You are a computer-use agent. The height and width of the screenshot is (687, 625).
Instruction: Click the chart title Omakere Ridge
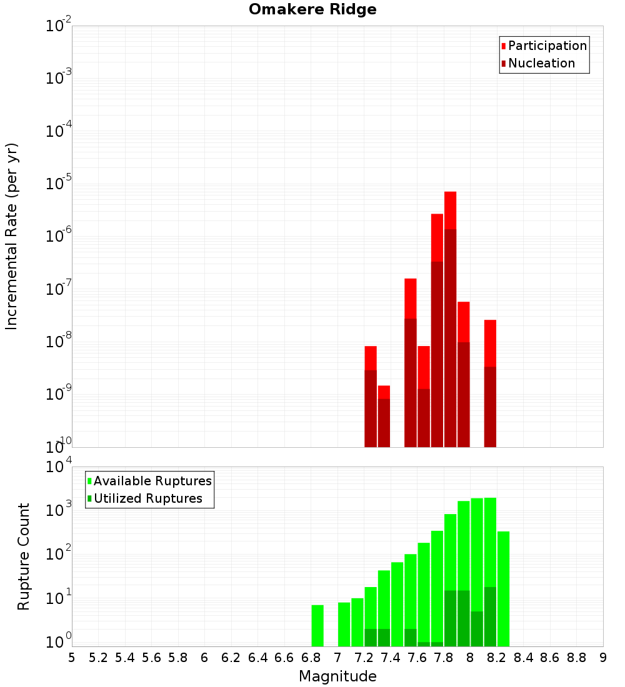pyautogui.click(x=312, y=9)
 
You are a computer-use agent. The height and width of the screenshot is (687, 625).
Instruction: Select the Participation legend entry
pyautogui.click(x=547, y=46)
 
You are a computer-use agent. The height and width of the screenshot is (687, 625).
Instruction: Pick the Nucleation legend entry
pyautogui.click(x=541, y=64)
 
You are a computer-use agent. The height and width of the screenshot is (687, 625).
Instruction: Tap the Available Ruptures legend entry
pyautogui.click(x=152, y=481)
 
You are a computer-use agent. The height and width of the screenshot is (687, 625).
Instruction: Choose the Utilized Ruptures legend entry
pyautogui.click(x=147, y=498)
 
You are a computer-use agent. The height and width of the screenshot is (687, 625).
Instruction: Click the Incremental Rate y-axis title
pyautogui.click(x=12, y=236)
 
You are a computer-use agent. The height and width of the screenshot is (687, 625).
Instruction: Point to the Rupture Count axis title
pyautogui.click(x=24, y=556)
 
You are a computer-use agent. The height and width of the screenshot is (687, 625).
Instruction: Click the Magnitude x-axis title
pyautogui.click(x=337, y=676)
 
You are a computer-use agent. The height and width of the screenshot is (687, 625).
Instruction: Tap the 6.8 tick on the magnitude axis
pyautogui.click(x=311, y=658)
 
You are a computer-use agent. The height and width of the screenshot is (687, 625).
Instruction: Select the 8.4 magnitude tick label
pyautogui.click(x=523, y=658)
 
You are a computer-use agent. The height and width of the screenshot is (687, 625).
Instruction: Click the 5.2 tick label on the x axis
pyautogui.click(x=98, y=658)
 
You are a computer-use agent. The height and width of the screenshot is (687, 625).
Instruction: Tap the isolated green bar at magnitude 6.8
pyautogui.click(x=317, y=625)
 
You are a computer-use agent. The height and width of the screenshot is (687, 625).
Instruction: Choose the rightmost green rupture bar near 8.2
pyautogui.click(x=503, y=587)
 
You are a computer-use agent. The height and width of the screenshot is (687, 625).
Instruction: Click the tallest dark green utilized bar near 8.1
pyautogui.click(x=490, y=615)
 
